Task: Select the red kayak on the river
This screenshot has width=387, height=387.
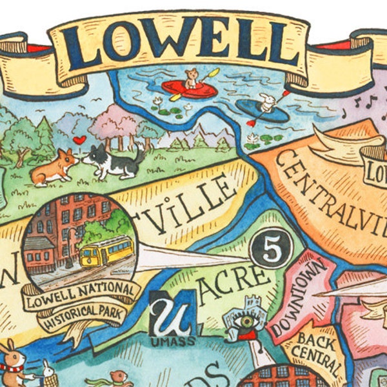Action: pyautogui.click(x=188, y=89)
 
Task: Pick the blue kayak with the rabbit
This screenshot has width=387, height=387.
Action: pyautogui.click(x=261, y=108)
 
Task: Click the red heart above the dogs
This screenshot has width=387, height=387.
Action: pyautogui.click(x=79, y=140)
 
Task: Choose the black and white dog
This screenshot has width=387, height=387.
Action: pyautogui.click(x=115, y=161)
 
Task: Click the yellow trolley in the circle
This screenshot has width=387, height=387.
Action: pyautogui.click(x=106, y=251)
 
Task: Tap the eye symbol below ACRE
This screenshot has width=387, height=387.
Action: pyautogui.click(x=245, y=321)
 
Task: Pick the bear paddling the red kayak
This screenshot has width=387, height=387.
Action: pyautogui.click(x=191, y=79)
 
